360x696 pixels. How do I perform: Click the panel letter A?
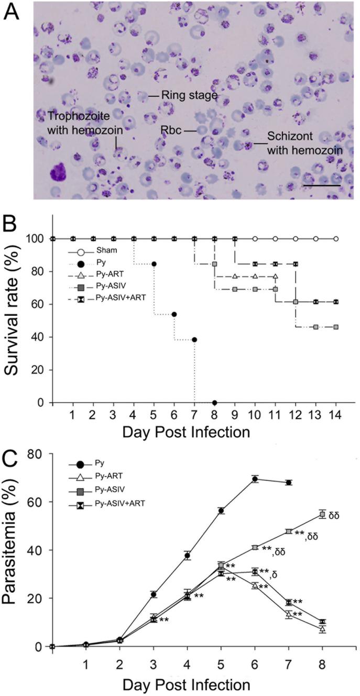click(13, 12)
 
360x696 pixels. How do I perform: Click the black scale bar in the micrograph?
click(323, 184)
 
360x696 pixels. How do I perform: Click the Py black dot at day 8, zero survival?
click(214, 402)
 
